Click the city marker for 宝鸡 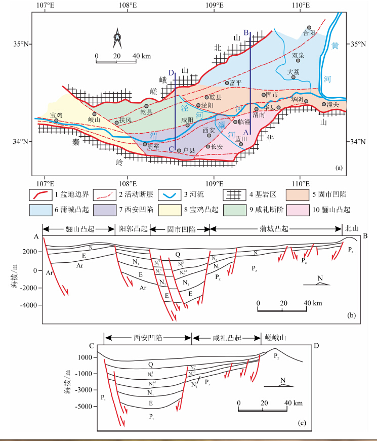tap(56, 121)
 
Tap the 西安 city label tap(208, 130)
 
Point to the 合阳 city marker tap(308, 28)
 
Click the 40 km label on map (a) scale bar tap(138, 56)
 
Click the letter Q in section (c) tap(150, 364)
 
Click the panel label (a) tap(339, 167)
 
